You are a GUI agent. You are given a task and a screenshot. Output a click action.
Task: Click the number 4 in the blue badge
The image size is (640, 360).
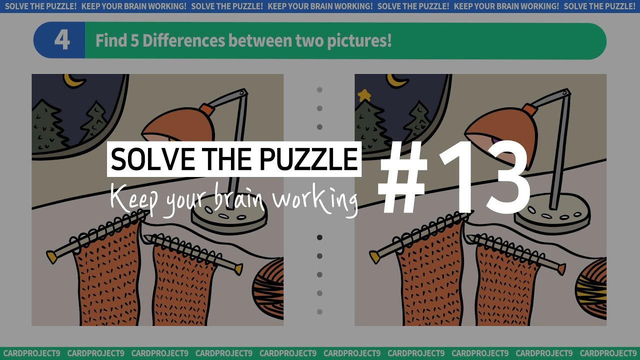tap(61, 40)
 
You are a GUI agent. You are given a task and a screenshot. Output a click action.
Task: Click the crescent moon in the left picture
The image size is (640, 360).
tap(74, 80)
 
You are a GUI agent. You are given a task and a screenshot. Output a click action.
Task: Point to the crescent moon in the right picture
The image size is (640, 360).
tap(397, 80)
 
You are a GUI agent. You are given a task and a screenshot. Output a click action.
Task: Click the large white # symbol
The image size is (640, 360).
tap(403, 177)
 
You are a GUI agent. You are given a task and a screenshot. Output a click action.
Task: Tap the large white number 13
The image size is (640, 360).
tap(484, 177)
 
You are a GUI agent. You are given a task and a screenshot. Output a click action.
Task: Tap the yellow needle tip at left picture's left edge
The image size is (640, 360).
tap(51, 257)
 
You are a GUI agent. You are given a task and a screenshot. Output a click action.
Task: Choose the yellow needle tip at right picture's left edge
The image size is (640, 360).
tap(374, 257)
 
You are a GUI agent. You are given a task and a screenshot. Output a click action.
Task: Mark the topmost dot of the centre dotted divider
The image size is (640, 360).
tap(319, 90)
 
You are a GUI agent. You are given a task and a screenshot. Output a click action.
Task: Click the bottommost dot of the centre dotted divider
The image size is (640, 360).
tap(319, 311)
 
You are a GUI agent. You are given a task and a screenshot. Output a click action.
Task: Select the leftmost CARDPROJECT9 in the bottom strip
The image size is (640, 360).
tap(31, 353)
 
